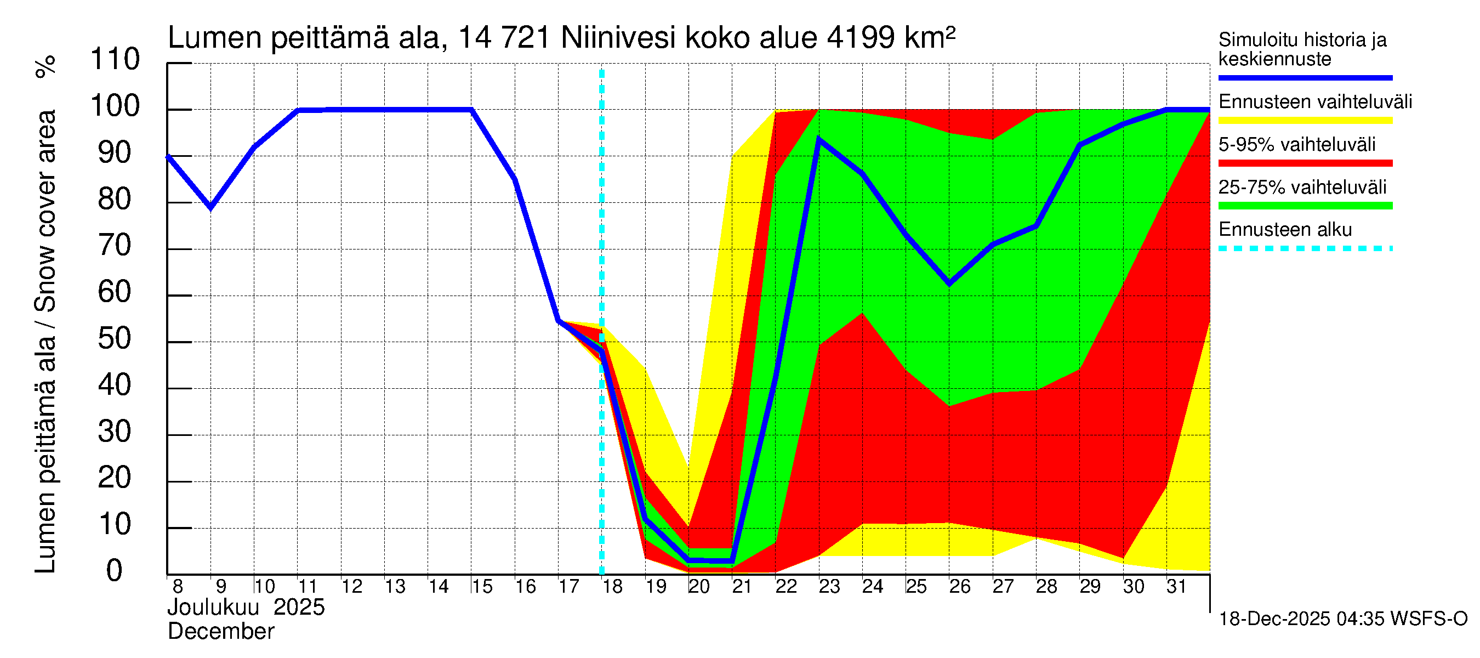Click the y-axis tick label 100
(115, 106)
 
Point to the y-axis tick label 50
(115, 339)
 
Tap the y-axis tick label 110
(115, 60)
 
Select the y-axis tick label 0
(115, 571)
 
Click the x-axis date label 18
(612, 587)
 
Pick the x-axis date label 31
(1177, 587)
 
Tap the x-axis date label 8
(178, 587)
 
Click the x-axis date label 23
(829, 587)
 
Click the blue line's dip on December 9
(211, 207)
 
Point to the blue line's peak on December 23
(819, 140)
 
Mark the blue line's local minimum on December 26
(949, 283)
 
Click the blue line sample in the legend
(1305, 77)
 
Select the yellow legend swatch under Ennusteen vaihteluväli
(1305, 121)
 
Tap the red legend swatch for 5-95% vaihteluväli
(1305, 163)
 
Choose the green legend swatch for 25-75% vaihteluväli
(1305, 206)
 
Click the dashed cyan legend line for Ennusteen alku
(1305, 249)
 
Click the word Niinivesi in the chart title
(618, 38)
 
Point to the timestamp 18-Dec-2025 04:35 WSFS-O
(1342, 619)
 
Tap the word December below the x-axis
(220, 632)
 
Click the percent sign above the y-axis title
(46, 66)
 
